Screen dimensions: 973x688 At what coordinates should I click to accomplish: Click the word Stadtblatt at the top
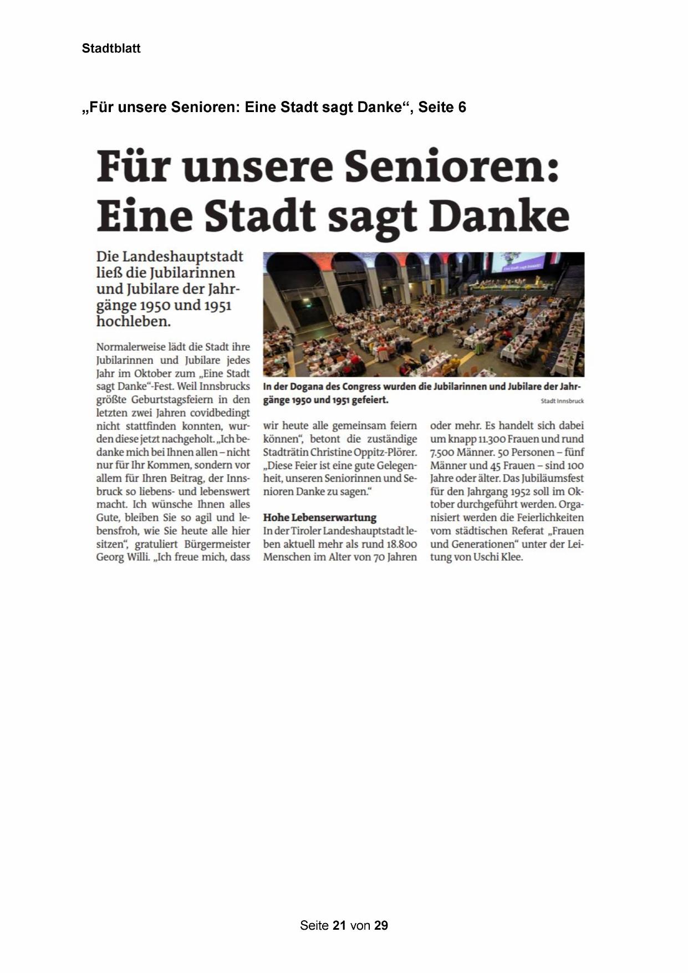click(111, 49)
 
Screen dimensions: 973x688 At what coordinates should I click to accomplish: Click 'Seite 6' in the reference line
click(442, 107)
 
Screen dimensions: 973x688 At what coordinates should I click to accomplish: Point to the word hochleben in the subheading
click(132, 321)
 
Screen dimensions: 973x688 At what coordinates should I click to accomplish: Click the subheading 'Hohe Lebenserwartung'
click(319, 518)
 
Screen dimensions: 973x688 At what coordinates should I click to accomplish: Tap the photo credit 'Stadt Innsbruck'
click(562, 401)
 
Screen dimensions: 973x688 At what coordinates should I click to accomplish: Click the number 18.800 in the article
click(399, 544)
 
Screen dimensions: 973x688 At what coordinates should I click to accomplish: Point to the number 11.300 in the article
click(488, 439)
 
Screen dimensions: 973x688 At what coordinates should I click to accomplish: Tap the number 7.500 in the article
click(442, 452)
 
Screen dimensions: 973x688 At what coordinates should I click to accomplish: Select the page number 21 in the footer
click(340, 925)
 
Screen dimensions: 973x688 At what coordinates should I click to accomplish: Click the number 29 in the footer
click(381, 925)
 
